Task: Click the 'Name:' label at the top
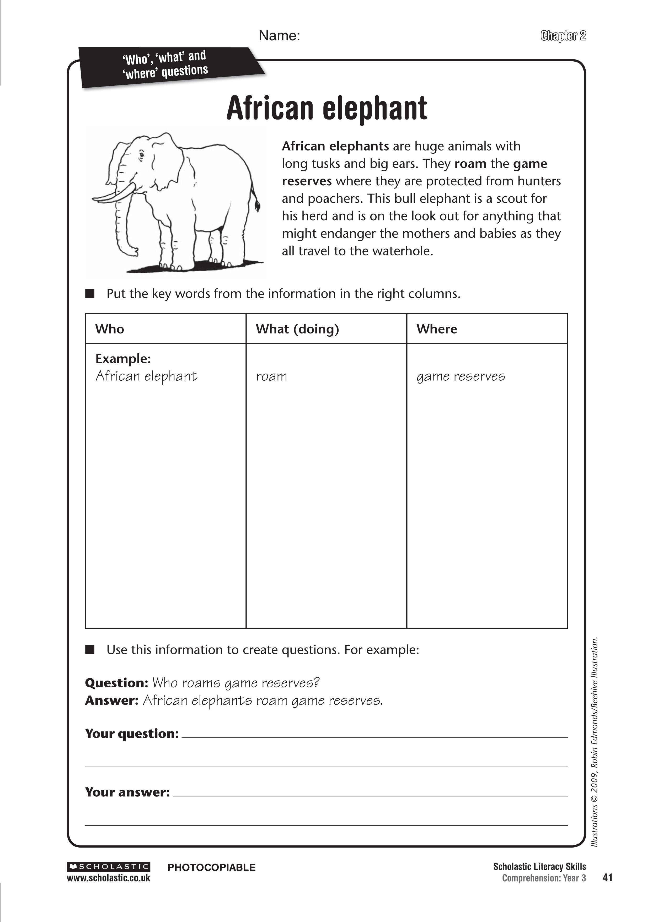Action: click(280, 36)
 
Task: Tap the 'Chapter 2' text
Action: click(563, 36)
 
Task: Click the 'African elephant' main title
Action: click(326, 109)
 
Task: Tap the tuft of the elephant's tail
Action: click(257, 206)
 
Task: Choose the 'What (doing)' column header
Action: click(297, 329)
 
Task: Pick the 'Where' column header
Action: click(437, 329)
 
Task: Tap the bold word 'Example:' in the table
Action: click(123, 359)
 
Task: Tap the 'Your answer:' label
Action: click(127, 792)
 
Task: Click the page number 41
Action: click(608, 878)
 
